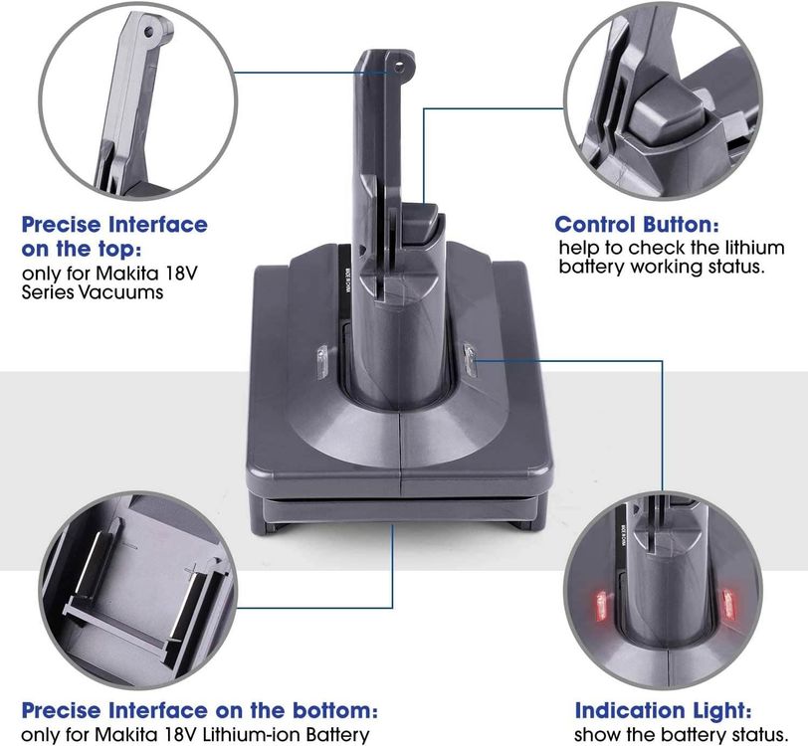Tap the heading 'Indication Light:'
663,711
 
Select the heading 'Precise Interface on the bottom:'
199,711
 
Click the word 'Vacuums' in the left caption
126,292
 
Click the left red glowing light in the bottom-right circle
600,603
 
